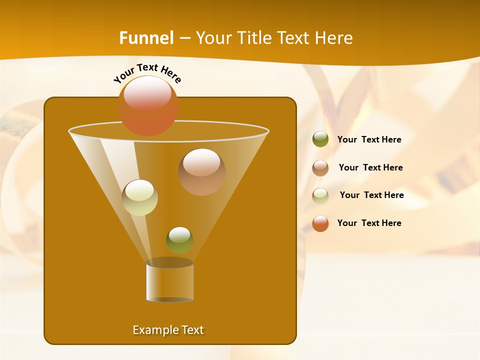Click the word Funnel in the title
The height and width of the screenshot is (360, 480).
[146, 38]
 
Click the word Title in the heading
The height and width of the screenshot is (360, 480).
[253, 38]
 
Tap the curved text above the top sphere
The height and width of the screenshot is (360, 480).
[147, 72]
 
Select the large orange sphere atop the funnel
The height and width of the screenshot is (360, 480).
[148, 106]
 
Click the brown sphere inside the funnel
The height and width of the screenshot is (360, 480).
[202, 172]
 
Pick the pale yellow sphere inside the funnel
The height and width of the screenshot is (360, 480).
[140, 197]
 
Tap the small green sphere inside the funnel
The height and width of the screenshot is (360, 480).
[179, 240]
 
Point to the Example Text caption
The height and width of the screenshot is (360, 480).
[168, 330]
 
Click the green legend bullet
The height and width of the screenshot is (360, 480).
[320, 139]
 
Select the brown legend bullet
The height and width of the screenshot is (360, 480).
[320, 168]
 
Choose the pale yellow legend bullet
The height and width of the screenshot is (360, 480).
[320, 196]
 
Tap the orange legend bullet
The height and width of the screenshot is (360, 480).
[320, 223]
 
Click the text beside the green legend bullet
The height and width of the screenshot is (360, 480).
[369, 140]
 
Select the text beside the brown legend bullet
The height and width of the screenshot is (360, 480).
[370, 168]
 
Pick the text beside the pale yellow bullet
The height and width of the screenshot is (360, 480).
[371, 195]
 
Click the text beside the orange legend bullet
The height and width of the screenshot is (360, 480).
[369, 223]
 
